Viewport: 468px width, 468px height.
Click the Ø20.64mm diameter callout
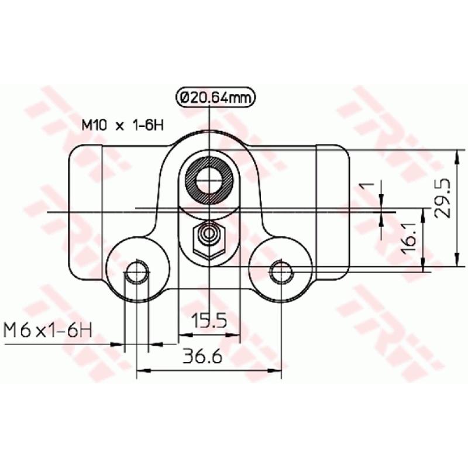(209, 98)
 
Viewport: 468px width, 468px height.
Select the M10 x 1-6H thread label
(121, 125)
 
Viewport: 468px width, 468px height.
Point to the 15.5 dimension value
(209, 320)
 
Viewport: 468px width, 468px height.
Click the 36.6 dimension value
(202, 356)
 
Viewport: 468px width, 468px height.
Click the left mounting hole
(137, 270)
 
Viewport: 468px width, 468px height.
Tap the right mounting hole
(281, 270)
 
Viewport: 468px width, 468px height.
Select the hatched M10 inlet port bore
(209, 179)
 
